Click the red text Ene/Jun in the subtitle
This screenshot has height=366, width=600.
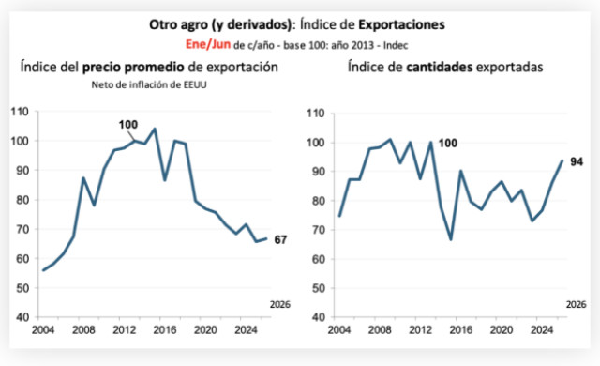pyautogui.click(x=208, y=44)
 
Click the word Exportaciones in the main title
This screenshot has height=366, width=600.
pyautogui.click(x=401, y=24)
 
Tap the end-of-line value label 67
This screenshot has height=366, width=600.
pyautogui.click(x=280, y=239)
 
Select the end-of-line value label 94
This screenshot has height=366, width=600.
pyautogui.click(x=577, y=162)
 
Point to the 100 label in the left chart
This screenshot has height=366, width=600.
pyautogui.click(x=128, y=125)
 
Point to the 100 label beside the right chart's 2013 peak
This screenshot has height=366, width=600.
pyautogui.click(x=448, y=144)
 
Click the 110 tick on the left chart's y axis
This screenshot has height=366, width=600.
pyautogui.click(x=20, y=112)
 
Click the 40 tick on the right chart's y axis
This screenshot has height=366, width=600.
pyautogui.click(x=318, y=317)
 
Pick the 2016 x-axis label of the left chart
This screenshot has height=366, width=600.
pyautogui.click(x=165, y=329)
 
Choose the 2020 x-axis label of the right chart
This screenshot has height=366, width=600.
pyautogui.click(x=502, y=329)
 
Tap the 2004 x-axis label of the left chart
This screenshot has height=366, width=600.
pyautogui.click(x=43, y=329)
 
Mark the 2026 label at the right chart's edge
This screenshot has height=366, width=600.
pyautogui.click(x=577, y=304)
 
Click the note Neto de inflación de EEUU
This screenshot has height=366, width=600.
pyautogui.click(x=149, y=84)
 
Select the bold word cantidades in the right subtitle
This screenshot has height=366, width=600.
pyautogui.click(x=440, y=67)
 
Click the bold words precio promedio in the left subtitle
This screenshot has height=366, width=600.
pyautogui.click(x=133, y=67)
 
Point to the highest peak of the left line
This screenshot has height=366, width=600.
pyautogui.click(x=155, y=129)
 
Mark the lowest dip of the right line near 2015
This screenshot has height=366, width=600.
pyautogui.click(x=451, y=239)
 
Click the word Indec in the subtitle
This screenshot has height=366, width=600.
pyautogui.click(x=396, y=45)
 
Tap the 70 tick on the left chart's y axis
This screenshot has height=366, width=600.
pyautogui.click(x=22, y=229)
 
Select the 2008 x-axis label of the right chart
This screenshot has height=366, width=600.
pyautogui.click(x=380, y=329)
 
